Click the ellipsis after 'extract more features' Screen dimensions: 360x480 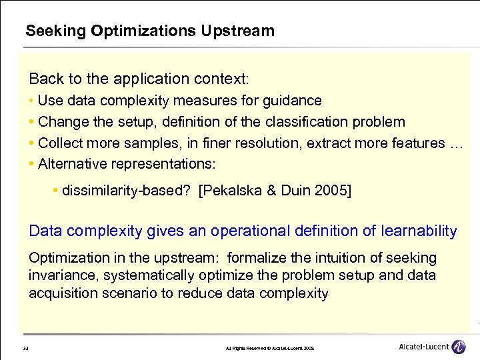(455, 144)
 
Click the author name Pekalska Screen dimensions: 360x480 (232, 191)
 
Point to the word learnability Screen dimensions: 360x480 (419, 231)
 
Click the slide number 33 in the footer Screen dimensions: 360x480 (25, 349)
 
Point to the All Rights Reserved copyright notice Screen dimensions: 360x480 (272, 349)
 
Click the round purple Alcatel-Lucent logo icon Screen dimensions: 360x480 (458, 347)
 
